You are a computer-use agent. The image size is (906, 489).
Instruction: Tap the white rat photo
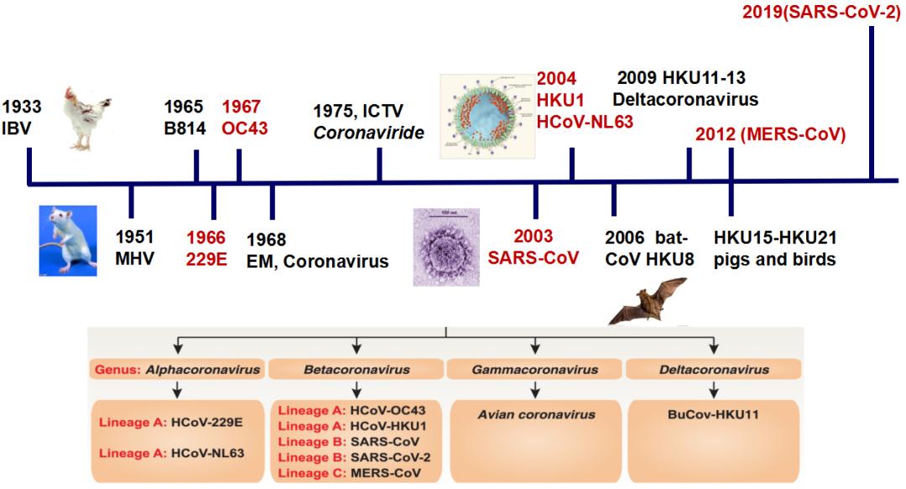click(x=67, y=240)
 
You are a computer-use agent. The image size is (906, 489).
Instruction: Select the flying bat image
click(x=644, y=303)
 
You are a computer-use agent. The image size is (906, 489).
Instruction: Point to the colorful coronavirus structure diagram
click(x=487, y=115)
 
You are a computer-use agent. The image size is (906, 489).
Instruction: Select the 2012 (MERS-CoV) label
click(x=769, y=134)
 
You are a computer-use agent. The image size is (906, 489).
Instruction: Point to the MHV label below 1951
click(x=136, y=258)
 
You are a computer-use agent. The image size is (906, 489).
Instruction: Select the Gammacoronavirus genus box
click(x=535, y=369)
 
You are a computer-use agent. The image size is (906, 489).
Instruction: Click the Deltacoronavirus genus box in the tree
click(x=715, y=369)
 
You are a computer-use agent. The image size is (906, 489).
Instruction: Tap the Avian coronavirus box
click(x=535, y=414)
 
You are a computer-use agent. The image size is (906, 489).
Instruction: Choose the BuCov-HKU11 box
click(x=715, y=414)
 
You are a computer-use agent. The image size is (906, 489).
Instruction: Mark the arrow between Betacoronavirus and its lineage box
click(x=357, y=388)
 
